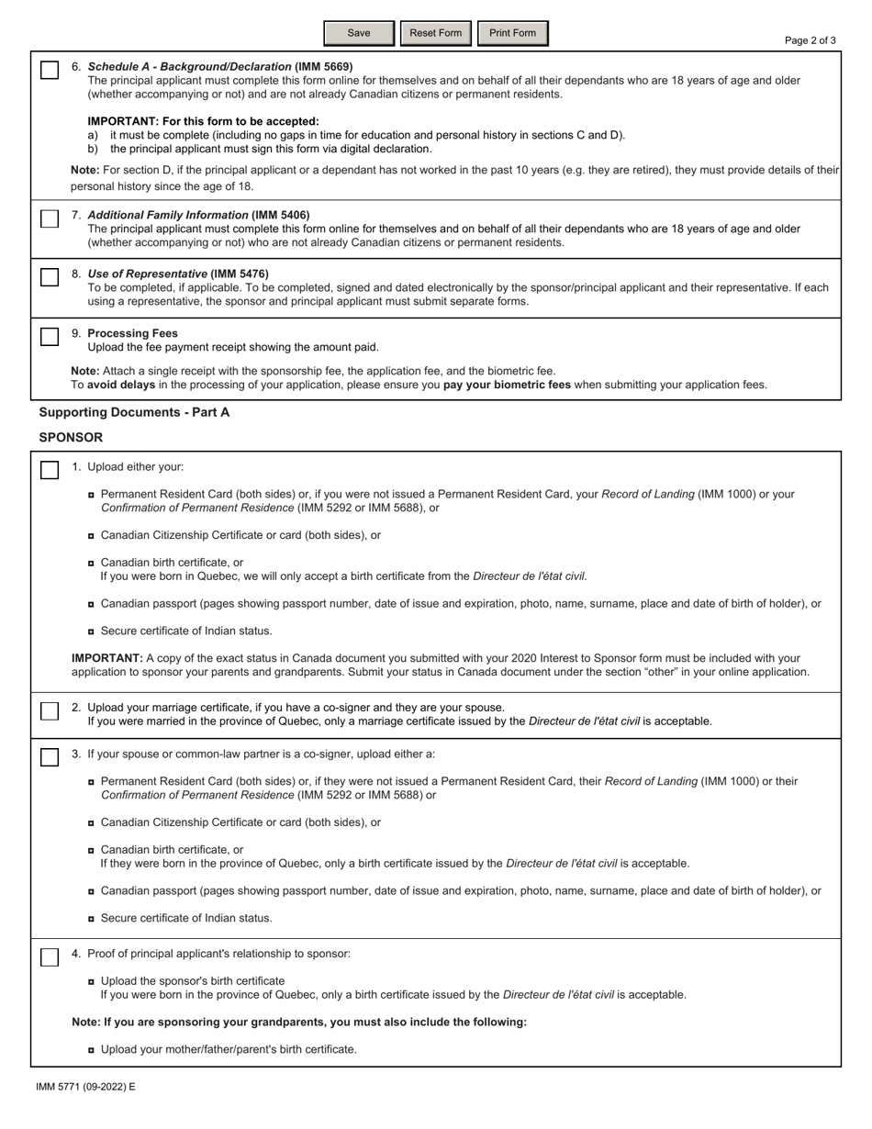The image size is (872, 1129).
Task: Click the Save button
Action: [x=359, y=34]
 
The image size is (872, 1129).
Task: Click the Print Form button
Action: [x=512, y=34]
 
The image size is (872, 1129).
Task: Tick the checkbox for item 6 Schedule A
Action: [x=50, y=71]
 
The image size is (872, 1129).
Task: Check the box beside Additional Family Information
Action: [x=50, y=218]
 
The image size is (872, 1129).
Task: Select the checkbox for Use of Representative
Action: [x=50, y=278]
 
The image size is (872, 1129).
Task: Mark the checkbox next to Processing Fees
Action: [x=50, y=337]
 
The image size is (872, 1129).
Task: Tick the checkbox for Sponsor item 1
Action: [x=50, y=470]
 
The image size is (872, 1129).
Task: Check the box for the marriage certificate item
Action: [x=50, y=711]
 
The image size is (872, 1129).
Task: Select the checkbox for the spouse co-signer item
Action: [x=50, y=757]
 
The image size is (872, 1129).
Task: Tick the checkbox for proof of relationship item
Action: [x=50, y=957]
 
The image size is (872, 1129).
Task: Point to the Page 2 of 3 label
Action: [x=811, y=40]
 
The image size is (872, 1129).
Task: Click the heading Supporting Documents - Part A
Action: [x=134, y=413]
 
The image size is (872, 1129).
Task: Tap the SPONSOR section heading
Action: [x=71, y=438]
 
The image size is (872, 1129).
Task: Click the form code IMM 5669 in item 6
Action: [x=323, y=67]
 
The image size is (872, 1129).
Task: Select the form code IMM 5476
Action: [x=240, y=274]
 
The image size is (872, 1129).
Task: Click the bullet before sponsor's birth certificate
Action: [x=92, y=981]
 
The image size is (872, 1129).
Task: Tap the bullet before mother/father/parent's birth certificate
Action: [x=92, y=1050]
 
